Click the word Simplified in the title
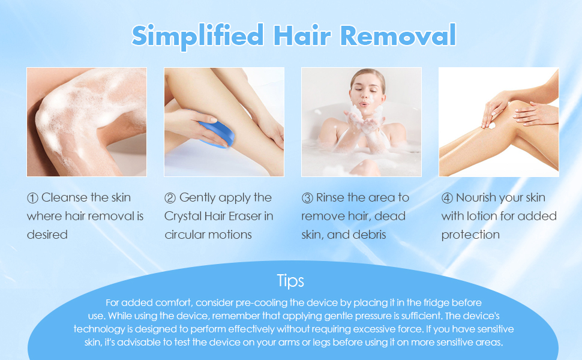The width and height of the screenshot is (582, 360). [197, 35]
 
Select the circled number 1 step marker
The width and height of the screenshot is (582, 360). [32, 197]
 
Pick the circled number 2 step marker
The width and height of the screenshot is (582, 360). [170, 197]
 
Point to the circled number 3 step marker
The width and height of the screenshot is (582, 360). [307, 197]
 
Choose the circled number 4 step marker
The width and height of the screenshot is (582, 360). [447, 197]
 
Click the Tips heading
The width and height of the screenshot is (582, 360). [290, 281]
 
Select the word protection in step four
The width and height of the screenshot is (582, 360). [470, 235]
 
